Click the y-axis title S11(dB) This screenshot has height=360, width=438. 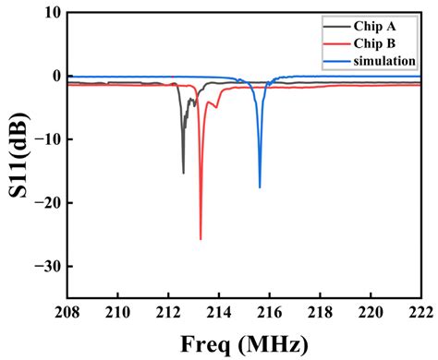click(x=18, y=155)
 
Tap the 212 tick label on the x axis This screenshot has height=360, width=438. click(x=168, y=312)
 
